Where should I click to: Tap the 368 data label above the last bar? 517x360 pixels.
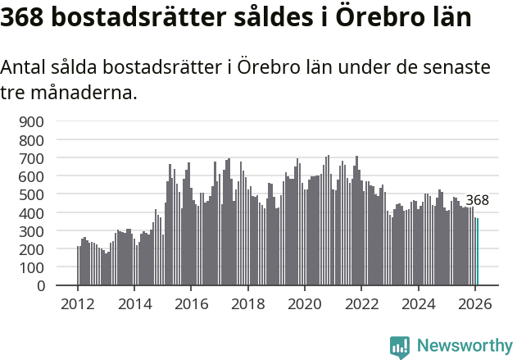tap(477, 200)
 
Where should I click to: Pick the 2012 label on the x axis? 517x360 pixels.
tap(78, 302)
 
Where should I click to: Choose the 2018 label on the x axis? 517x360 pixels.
tap(248, 302)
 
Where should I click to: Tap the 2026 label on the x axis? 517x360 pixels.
tap(475, 302)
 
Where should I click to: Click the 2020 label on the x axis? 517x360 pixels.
tap(305, 302)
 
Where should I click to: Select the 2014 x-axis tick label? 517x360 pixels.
tap(134, 302)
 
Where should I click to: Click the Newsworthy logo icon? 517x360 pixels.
tap(400, 347)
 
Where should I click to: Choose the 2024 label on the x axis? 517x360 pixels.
tap(419, 302)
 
